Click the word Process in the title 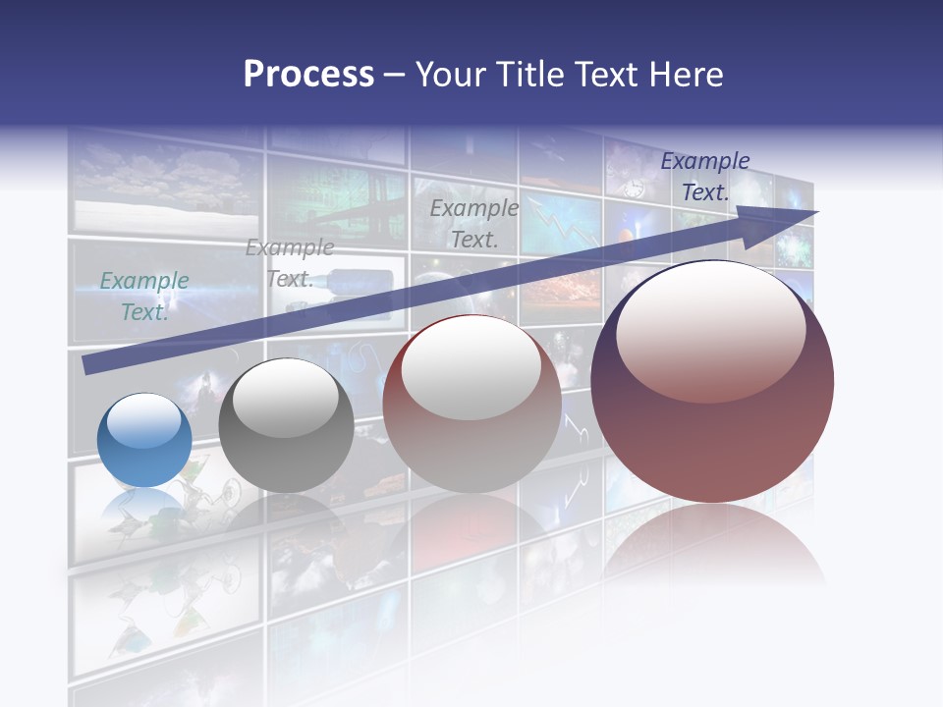308,75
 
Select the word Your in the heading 450,75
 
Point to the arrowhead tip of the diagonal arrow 816,212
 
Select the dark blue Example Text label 705,177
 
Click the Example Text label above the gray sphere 290,263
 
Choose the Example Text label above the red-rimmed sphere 474,223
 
